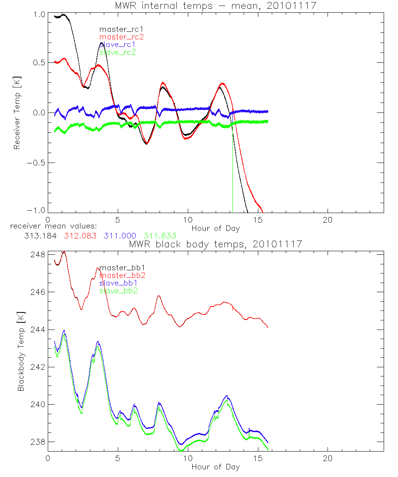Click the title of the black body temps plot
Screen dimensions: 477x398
[215, 244]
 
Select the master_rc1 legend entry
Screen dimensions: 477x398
[121, 29]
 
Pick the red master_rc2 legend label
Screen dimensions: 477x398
[121, 37]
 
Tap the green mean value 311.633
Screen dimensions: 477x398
[160, 236]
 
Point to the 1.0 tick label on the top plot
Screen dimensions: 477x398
[39, 14]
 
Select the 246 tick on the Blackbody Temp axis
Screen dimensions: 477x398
[38, 292]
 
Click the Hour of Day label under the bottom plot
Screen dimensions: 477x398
[215, 467]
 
